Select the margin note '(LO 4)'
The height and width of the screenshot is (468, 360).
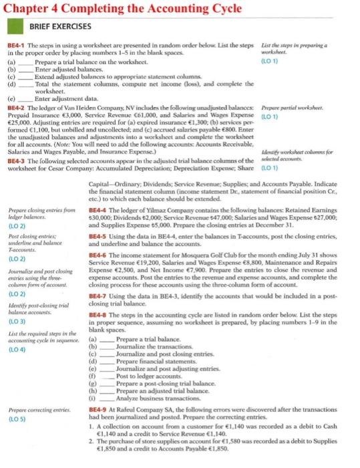[x=16, y=349]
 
